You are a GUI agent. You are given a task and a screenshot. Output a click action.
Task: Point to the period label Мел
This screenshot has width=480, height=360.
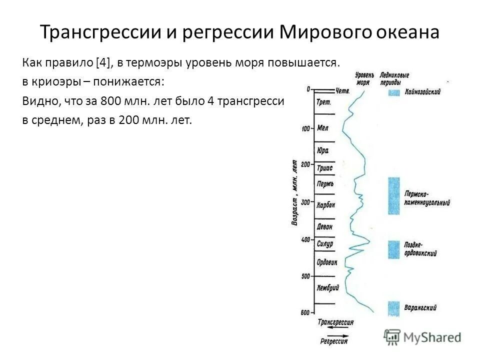pos(322,128)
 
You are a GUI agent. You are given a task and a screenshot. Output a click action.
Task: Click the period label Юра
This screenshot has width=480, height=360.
pos(322,150)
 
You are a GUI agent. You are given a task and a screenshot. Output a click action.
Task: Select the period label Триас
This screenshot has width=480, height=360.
pos(324,168)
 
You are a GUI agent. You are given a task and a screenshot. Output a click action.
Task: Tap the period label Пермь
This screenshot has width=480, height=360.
pos(325,183)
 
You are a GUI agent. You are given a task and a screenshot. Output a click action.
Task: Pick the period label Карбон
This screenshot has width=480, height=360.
pos(326,205)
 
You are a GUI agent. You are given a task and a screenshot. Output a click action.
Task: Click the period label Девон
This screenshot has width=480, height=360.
pos(325,226)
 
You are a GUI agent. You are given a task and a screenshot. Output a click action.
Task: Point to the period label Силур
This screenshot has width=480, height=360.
pos(324,243)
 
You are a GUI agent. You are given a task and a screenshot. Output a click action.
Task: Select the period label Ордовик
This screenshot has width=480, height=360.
pos(327,262)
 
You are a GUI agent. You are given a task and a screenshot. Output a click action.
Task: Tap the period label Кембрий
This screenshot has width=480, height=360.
pos(328,288)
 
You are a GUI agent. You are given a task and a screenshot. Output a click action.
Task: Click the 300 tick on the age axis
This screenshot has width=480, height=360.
pos(305,202)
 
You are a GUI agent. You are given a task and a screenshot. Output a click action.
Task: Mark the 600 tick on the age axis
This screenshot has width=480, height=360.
pos(305,313)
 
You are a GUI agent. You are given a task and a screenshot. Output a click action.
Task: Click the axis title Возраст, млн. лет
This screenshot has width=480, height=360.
pos(294,192)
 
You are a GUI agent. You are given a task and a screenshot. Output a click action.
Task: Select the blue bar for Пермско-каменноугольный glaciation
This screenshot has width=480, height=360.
pos(393,195)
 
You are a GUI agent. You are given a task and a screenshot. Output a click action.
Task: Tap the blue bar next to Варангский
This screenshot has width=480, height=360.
pos(393,307)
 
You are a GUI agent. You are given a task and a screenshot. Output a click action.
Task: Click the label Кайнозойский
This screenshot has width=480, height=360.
pos(423,92)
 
